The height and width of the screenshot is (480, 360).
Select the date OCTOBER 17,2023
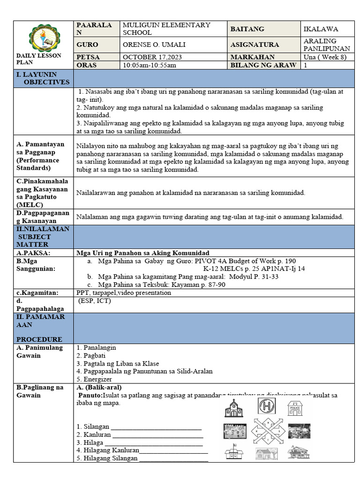pos(148,57)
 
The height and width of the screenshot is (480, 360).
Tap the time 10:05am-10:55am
pos(150,65)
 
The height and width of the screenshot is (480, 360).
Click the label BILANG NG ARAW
pos(263,65)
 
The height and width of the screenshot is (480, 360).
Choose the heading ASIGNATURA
pos(255,45)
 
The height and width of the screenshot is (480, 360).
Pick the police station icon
pos(295,408)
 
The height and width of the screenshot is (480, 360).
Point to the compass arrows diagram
pos(268,431)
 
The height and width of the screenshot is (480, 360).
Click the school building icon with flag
pos(234,453)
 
